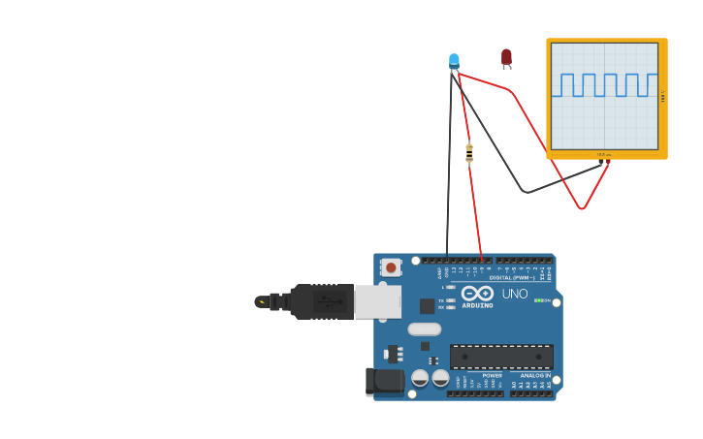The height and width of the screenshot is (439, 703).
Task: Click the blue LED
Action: click(454, 61)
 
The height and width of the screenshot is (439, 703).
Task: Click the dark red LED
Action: click(506, 58)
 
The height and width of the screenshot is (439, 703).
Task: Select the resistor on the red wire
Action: click(469, 152)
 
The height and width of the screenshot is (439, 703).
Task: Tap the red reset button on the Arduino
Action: click(391, 267)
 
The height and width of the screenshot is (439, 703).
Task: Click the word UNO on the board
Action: click(515, 294)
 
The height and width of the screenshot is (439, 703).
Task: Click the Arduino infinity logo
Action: click(477, 293)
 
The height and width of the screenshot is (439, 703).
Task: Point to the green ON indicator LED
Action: click(538, 300)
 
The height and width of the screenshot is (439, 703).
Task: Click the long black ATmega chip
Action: click(501, 356)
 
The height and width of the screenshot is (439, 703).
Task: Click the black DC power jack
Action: click(385, 381)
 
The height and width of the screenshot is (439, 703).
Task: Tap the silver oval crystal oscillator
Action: click(425, 329)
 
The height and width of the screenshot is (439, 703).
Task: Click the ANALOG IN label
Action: click(534, 375)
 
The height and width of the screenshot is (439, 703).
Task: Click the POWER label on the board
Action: click(493, 375)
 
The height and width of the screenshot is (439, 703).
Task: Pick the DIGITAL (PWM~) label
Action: click(512, 278)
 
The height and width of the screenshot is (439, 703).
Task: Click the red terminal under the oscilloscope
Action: click(607, 163)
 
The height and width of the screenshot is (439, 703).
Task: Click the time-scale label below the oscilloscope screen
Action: click(604, 154)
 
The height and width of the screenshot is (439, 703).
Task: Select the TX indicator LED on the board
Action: click(451, 300)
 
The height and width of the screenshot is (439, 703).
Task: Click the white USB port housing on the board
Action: click(378, 301)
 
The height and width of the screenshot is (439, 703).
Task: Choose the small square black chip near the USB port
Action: click(427, 306)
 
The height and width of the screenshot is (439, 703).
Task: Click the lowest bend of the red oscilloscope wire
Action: click(582, 207)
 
